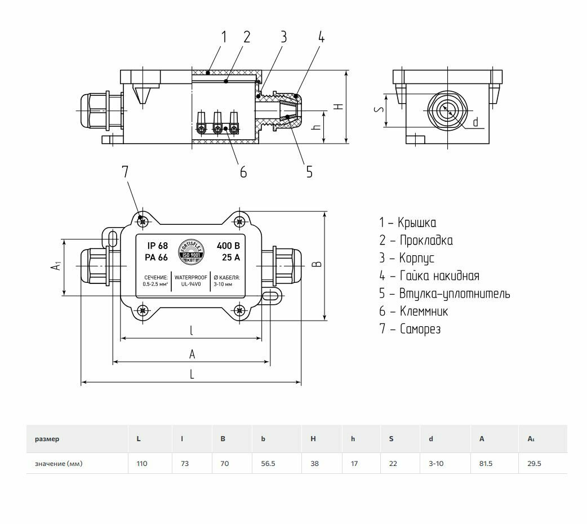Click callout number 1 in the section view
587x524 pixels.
pos(224,37)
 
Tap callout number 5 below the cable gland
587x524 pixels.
pos(309,171)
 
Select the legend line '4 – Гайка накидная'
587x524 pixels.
pos(429,276)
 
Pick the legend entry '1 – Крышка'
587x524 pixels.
pos(407,223)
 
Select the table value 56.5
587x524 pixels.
pos(267,464)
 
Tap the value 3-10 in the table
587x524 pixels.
pos(436,464)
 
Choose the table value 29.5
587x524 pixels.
pos(534,464)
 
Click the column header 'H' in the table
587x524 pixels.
pos(313,438)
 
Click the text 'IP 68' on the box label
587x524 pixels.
pos(158,246)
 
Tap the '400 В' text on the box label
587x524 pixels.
pos(228,246)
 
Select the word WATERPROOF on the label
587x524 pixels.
pos(192,278)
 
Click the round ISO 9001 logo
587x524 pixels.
pos(192,252)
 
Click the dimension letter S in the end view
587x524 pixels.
pos(381,111)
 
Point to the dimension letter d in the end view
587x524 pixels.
pos(475,122)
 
